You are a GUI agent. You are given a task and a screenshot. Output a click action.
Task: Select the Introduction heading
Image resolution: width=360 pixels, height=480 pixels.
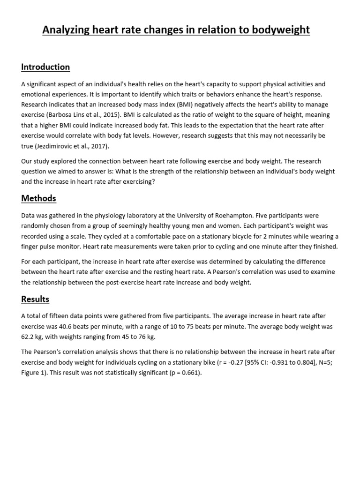point(45,67)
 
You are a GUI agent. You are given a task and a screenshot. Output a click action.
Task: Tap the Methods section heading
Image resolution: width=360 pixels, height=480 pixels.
point(38,198)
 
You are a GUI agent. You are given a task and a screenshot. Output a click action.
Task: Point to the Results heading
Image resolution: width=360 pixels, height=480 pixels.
point(35,299)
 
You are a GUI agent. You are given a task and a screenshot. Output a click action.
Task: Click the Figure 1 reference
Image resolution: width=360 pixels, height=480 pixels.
point(34,373)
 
